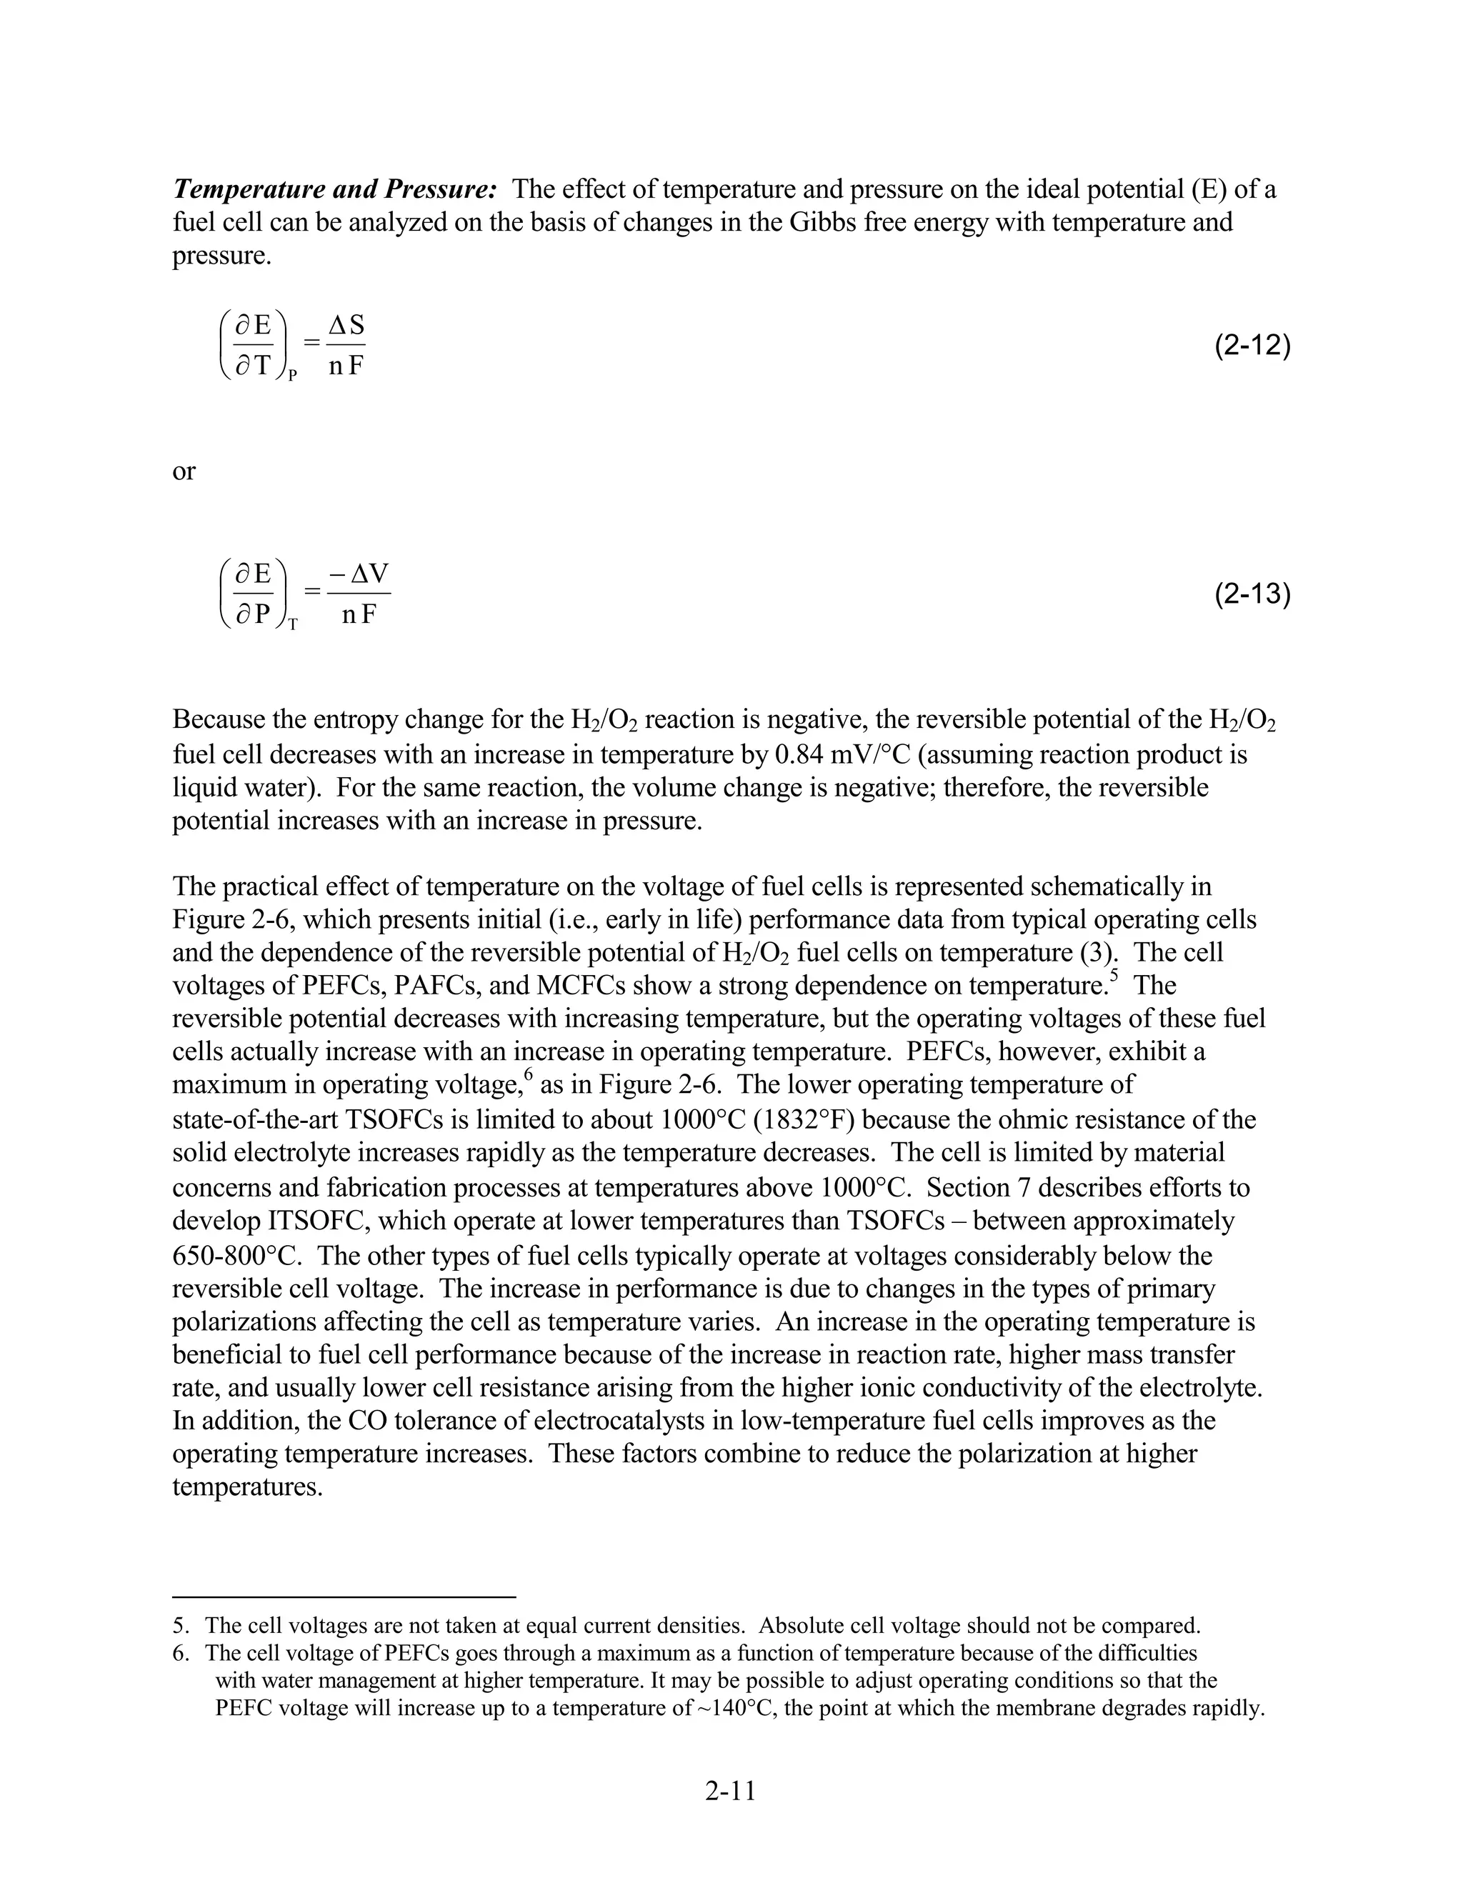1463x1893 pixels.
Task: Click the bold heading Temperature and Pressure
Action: coord(334,189)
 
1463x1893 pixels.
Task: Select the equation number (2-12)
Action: coord(1252,346)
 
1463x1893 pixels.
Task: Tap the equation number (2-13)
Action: coord(1252,594)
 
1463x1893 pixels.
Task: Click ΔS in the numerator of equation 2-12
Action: coord(346,325)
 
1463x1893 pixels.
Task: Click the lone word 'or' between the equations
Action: coord(184,471)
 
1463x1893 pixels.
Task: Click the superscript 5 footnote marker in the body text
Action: coord(1114,976)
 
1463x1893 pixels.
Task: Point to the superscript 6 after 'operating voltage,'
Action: coord(528,1076)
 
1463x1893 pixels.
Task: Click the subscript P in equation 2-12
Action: coord(293,375)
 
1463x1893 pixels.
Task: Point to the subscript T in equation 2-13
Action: coord(293,624)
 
